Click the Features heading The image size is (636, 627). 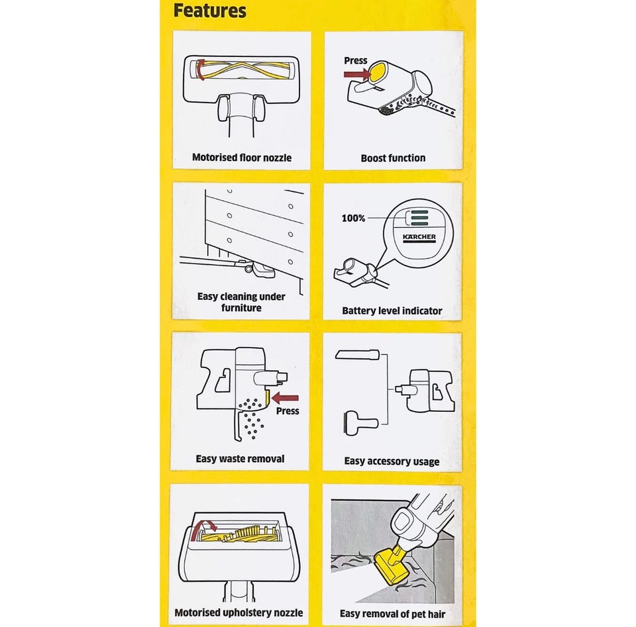[210, 11]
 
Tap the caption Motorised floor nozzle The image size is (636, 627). [242, 158]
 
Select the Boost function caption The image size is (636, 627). [393, 158]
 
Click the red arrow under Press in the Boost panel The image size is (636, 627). [357, 74]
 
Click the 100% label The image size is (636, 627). [353, 218]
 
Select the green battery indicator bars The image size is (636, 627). [419, 218]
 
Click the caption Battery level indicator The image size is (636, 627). [392, 311]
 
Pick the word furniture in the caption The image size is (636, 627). [241, 308]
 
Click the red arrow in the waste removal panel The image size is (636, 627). [285, 399]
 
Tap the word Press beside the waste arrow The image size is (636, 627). [288, 411]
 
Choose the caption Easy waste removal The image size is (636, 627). [240, 459]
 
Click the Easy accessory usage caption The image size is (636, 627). [392, 461]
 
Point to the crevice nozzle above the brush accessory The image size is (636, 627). [357, 355]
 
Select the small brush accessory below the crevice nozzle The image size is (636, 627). [360, 423]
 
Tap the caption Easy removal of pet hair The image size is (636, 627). [392, 614]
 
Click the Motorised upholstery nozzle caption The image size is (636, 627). [238, 612]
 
